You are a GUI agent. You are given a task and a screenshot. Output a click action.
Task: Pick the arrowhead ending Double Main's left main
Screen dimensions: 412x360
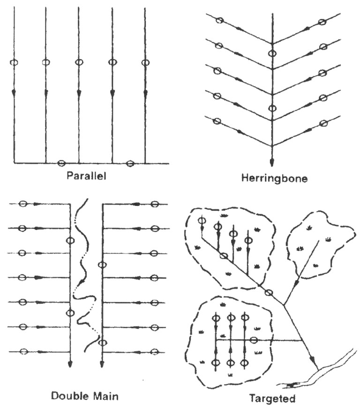point(70,364)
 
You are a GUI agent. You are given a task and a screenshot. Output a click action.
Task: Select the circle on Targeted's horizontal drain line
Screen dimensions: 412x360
point(254,340)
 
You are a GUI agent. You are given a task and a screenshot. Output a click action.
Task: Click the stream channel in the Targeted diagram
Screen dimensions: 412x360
point(328,370)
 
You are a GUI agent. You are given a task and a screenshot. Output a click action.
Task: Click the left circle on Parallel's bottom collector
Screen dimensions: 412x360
point(61,163)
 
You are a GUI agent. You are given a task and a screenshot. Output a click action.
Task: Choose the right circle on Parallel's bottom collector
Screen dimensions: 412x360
point(130,163)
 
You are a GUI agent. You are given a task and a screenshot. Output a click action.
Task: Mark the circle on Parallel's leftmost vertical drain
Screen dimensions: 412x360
point(14,62)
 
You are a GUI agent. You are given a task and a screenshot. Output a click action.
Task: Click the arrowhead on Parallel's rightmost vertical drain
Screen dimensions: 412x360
point(145,93)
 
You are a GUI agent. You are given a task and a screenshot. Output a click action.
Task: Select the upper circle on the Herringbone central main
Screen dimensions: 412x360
point(272,53)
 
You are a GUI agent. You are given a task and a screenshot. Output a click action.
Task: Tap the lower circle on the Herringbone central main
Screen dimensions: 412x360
point(272,109)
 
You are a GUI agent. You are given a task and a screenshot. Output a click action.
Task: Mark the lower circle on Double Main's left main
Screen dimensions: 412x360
point(70,313)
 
